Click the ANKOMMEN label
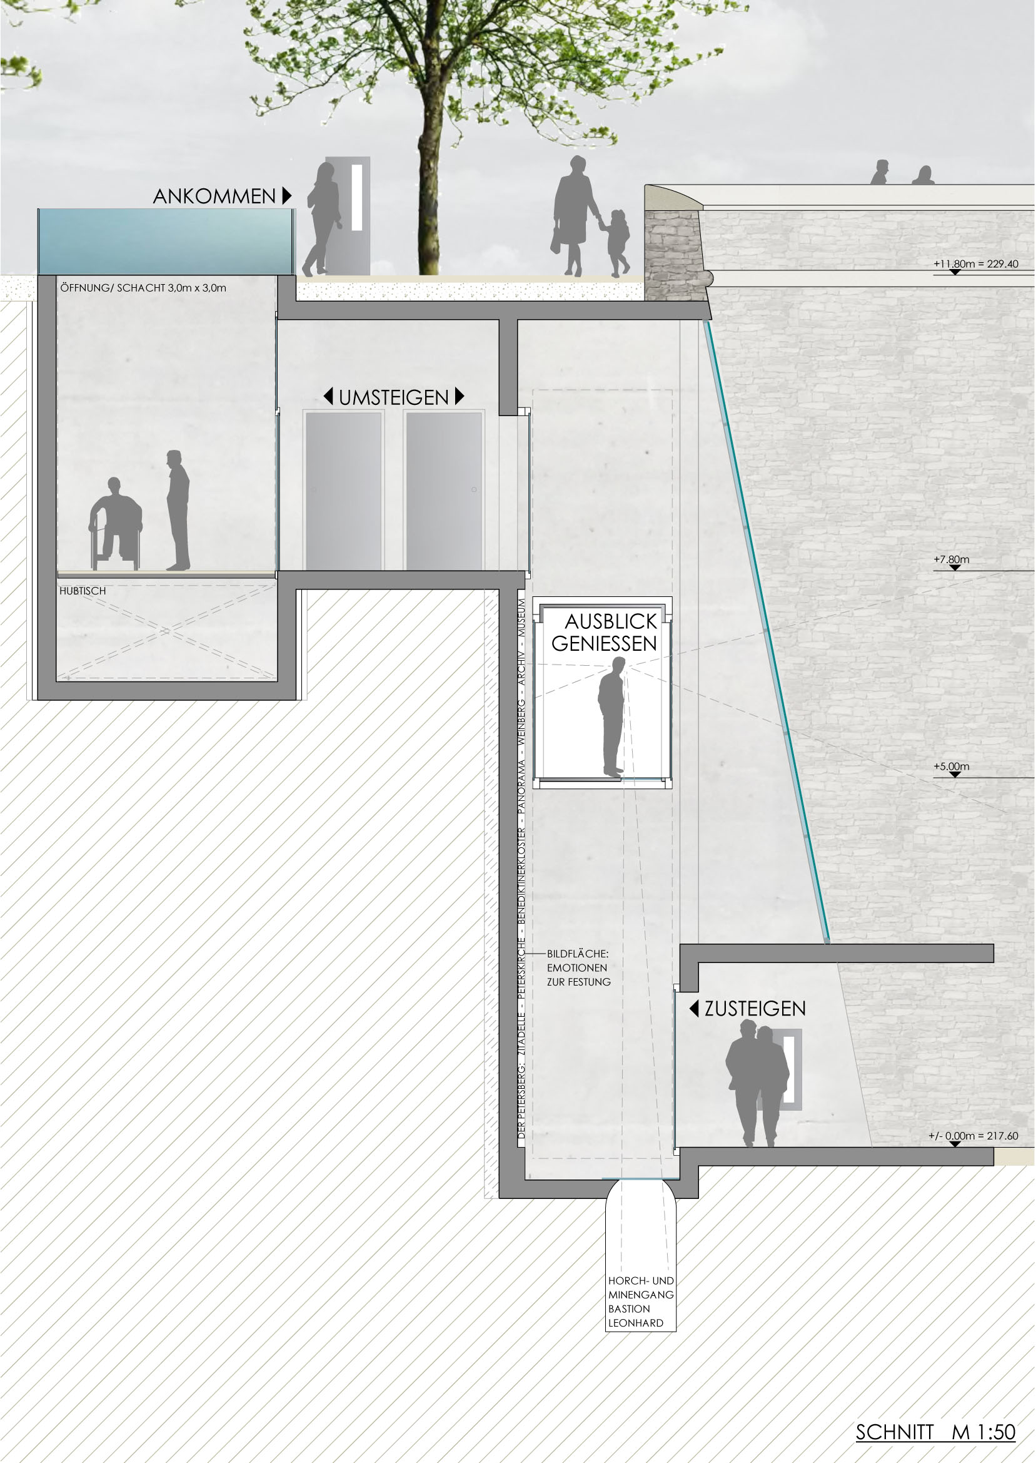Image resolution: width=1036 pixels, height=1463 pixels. (x=214, y=196)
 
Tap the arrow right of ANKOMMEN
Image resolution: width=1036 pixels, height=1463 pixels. (x=287, y=195)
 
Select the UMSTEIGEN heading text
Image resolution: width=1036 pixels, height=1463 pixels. (x=394, y=398)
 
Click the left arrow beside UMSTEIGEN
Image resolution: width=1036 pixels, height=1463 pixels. (x=328, y=396)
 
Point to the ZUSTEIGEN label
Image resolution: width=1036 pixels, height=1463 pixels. (x=755, y=1009)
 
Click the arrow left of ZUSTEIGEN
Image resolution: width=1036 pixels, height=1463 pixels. (x=694, y=1009)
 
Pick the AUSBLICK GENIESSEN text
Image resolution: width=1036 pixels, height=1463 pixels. (x=604, y=632)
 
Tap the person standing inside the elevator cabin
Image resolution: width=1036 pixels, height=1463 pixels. (x=611, y=718)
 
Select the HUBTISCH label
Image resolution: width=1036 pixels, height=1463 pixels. (x=83, y=591)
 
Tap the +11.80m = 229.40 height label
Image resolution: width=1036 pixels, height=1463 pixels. (x=976, y=263)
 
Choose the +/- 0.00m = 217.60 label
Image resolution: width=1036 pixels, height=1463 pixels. (x=973, y=1136)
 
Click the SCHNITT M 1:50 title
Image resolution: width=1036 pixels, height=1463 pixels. (x=935, y=1432)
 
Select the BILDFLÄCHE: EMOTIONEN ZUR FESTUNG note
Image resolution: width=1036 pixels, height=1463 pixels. (x=578, y=967)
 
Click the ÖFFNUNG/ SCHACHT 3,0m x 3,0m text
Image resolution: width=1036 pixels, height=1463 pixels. (x=144, y=288)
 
